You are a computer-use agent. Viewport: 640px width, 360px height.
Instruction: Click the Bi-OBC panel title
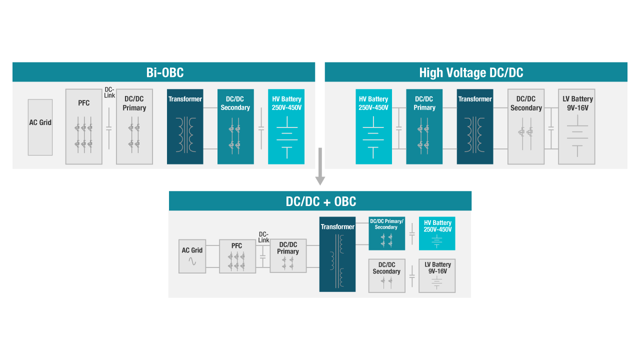164,72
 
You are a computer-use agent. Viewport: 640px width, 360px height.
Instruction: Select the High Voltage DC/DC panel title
471,72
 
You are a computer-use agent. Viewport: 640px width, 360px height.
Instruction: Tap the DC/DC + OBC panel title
320,201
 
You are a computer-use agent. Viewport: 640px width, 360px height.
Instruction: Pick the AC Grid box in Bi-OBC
40,127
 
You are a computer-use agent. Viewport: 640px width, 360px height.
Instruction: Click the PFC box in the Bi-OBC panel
83,126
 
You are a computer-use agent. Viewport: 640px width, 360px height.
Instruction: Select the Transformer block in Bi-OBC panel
185,126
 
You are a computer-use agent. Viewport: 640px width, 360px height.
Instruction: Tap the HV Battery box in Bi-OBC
286,126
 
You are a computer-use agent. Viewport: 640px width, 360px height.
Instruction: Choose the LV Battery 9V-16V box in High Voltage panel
577,126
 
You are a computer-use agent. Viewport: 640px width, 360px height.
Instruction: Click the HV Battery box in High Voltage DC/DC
373,126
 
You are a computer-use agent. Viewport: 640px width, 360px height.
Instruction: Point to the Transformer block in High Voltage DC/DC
474,126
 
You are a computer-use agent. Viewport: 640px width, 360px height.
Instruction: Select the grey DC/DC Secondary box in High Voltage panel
526,126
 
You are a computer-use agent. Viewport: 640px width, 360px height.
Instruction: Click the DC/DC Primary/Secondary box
386,233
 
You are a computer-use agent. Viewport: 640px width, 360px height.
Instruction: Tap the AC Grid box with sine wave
192,256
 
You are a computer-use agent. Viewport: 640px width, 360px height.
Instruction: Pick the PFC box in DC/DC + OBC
237,256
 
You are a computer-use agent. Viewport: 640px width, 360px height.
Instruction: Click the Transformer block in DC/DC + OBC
337,254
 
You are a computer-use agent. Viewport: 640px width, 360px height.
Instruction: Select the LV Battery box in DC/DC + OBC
437,275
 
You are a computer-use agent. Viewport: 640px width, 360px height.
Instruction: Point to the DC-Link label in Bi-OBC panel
109,92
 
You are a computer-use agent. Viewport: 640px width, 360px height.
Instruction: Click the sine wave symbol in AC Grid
192,261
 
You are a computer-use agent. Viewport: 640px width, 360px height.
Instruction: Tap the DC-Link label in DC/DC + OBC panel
263,237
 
